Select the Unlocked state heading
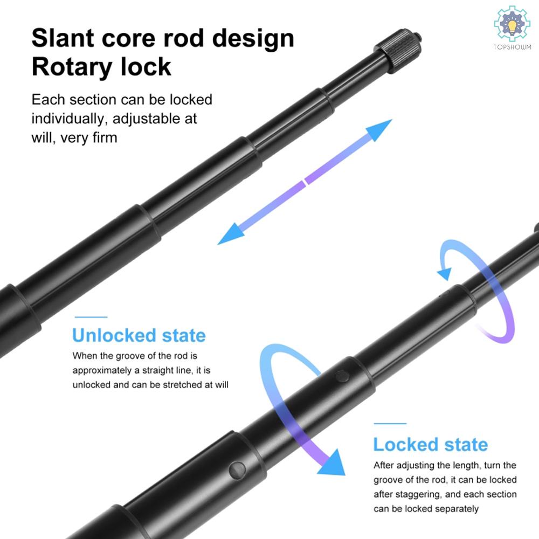pos(139,335)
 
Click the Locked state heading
pos(430,444)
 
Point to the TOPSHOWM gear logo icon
pos(512,24)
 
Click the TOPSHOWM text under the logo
pos(512,47)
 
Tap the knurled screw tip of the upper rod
pos(399,49)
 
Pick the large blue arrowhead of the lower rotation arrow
pos(331,462)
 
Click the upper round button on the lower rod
pos(342,376)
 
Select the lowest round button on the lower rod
pos(237,470)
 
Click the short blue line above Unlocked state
pos(91,317)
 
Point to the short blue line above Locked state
pos(390,424)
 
